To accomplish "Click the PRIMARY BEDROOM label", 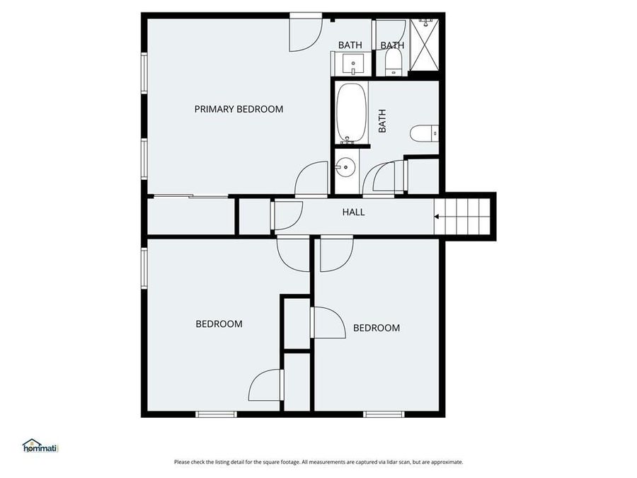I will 239,109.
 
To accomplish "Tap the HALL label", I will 353,212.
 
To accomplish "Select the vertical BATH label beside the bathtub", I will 382,120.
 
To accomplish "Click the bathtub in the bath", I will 351,113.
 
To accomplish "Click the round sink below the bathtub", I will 345,169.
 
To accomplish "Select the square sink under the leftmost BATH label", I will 352,66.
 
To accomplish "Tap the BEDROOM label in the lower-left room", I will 219,324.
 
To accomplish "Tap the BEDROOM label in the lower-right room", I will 376,328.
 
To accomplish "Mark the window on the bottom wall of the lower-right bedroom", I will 383,414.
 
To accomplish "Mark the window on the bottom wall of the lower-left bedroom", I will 215,414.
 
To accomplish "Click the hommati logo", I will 40,445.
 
